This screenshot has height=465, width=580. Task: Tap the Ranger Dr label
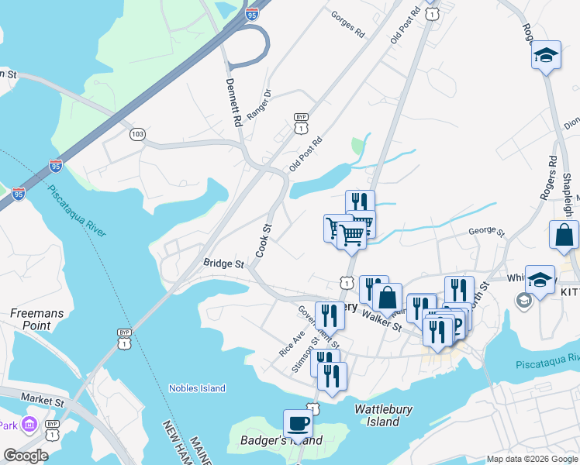coord(260,105)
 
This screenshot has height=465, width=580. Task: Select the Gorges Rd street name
coord(347,25)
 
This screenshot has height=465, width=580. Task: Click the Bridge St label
coord(224,264)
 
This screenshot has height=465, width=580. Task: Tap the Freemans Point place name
coord(30,320)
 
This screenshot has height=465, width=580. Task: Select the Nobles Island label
coord(198,388)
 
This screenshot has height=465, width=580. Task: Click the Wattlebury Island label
coord(383,415)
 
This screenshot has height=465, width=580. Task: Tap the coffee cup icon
coord(298,423)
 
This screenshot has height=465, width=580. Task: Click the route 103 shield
coord(137,134)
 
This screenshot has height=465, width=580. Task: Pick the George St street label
coord(487,232)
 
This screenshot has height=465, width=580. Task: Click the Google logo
coord(26,456)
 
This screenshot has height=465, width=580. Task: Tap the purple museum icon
coord(30,425)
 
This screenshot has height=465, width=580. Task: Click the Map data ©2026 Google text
coord(532,459)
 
